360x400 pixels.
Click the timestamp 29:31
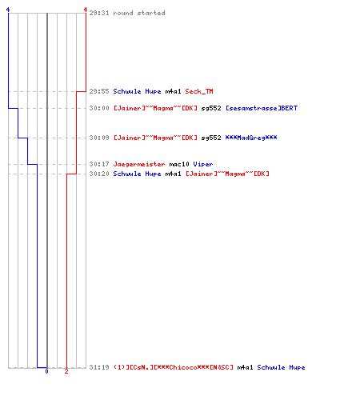pos(99,13)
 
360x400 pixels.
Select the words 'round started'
pos(139,13)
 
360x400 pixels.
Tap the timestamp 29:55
pos(99,91)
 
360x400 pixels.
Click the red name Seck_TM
pos(199,91)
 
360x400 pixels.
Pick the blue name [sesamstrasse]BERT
pos(262,108)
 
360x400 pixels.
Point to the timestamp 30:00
pos(99,108)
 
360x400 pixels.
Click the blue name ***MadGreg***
pos(251,138)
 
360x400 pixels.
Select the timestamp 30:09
pos(99,138)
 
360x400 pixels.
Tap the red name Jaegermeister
pos(139,164)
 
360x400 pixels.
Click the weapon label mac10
pos(179,164)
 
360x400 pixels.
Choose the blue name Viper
pos(203,164)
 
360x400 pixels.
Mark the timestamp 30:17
pos(99,164)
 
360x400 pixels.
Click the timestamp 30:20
pos(99,174)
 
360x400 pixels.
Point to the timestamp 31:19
pos(99,367)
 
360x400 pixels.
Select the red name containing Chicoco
pos(173,367)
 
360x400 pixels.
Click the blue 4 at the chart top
pos(8,10)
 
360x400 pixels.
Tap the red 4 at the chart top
pos(86,10)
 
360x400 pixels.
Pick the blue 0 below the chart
pos(46,371)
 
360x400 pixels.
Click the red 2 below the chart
pos(66,371)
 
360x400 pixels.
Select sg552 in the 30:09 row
pos(211,138)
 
